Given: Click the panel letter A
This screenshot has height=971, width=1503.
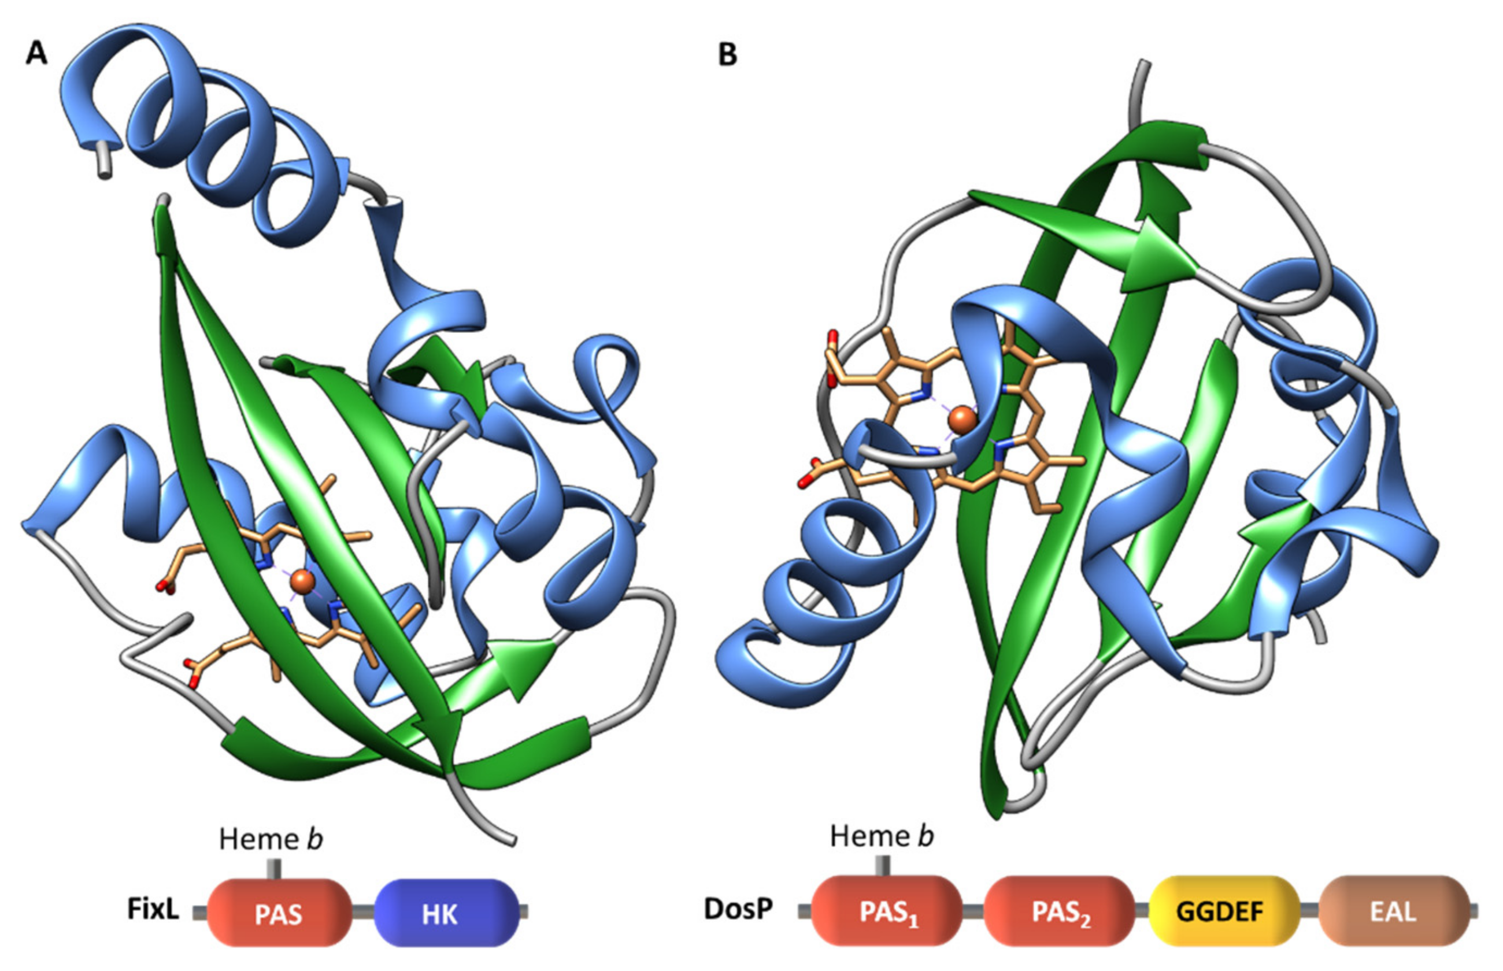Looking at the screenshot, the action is [36, 54].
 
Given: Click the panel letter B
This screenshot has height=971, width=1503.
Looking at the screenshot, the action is [728, 55].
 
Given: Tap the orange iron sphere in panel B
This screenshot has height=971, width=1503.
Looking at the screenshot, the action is [962, 419].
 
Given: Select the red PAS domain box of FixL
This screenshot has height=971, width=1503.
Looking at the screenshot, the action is [279, 913].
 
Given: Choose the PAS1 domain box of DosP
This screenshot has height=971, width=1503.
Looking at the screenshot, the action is [886, 911].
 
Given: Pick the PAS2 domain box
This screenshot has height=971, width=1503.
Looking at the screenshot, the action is [1059, 911].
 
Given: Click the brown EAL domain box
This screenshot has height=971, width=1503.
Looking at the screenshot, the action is [1393, 911].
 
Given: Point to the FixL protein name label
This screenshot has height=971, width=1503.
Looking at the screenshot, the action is [153, 910].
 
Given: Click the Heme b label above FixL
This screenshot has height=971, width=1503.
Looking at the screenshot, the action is [271, 839].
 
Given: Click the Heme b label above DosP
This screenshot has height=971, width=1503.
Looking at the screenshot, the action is [882, 836].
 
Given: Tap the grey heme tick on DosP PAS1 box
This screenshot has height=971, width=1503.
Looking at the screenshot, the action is [883, 866].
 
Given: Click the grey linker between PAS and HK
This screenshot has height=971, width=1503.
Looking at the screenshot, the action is [363, 911].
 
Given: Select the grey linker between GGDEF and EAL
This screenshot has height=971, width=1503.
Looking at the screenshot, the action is [1309, 910].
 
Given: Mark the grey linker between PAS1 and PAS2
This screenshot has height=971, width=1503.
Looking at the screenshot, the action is [973, 910].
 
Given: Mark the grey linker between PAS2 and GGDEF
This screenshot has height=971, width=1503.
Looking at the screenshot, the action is [1142, 910].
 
